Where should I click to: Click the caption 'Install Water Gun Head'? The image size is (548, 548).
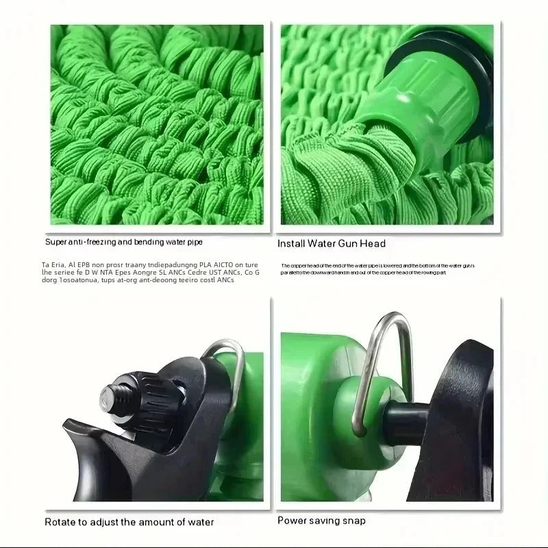[332, 243]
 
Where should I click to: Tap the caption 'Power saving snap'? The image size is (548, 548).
[321, 521]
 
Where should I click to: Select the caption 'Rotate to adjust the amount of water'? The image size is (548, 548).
[129, 522]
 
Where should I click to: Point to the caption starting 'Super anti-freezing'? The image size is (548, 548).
[124, 242]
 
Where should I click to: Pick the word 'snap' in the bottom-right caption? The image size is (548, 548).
[353, 521]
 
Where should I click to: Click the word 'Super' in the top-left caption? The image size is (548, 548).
[58, 242]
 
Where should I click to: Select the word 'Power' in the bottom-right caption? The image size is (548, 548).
[292, 521]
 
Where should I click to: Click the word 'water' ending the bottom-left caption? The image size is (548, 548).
[199, 522]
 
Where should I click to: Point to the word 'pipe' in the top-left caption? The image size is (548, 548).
[192, 242]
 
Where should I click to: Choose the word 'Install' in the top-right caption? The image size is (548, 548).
[292, 243]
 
